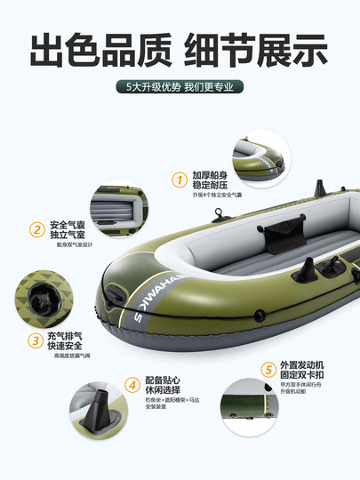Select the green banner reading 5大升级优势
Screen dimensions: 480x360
[x=180, y=87]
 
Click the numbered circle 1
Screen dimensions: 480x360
[x=180, y=179]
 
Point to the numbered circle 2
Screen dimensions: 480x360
[x=36, y=229]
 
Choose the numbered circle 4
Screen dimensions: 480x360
[x=131, y=386]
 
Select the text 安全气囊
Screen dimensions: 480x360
[x=68, y=223]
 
